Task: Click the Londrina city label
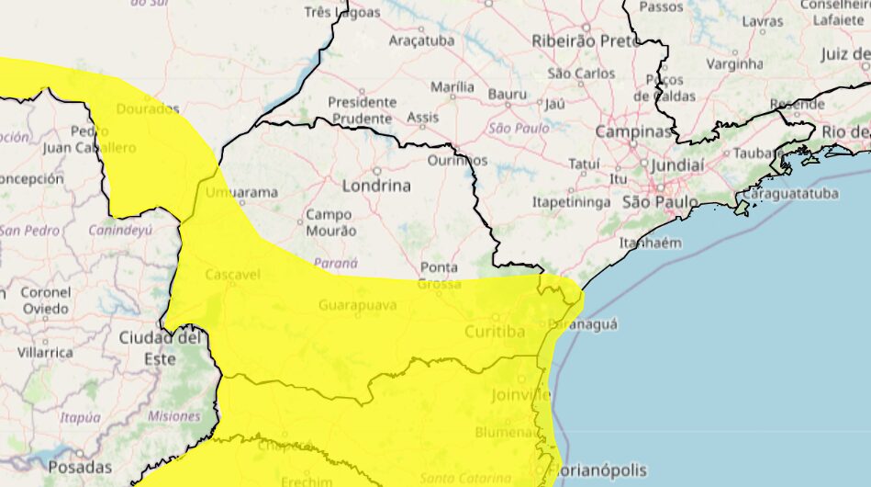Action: point(376,186)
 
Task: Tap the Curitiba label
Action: point(495,331)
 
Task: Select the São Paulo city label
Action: point(660,201)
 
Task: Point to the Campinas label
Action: point(633,132)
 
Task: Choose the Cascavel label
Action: point(232,275)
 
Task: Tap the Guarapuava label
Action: point(358,305)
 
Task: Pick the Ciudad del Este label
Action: point(160,348)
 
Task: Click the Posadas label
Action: point(80,467)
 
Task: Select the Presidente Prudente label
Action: point(363,109)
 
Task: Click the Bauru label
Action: point(508,94)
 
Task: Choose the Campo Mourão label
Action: point(330,222)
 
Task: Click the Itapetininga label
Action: point(571,200)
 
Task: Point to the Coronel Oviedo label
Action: point(45,300)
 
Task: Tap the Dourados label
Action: point(148,108)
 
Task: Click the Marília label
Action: point(452,87)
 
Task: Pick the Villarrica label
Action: point(44,353)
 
